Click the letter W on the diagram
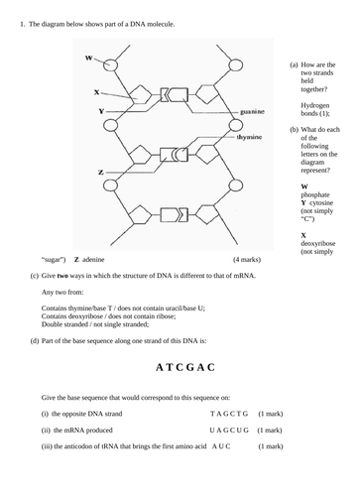click(89, 59)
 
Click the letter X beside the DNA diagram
click(96, 92)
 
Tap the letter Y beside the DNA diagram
click(102, 111)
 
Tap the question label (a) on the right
click(294, 64)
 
